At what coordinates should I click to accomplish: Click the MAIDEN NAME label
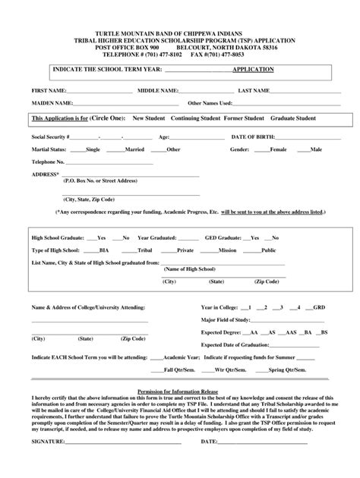(52, 102)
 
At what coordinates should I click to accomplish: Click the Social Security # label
(52, 137)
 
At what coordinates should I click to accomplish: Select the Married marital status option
(134, 149)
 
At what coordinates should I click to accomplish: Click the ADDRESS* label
(46, 174)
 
